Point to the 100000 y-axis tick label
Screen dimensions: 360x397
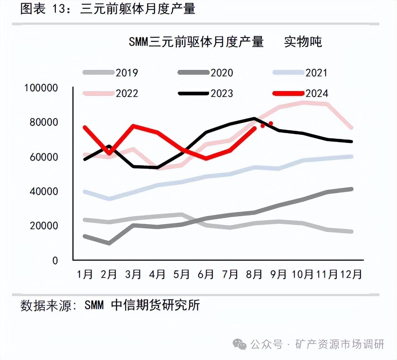[41, 88]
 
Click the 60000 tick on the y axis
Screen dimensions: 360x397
[44, 157]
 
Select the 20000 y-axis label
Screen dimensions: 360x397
[44, 226]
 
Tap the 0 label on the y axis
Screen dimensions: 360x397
[55, 260]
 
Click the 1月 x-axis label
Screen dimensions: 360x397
[85, 275]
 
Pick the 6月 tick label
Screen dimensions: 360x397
[206, 275]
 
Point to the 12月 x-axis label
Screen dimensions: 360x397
[351, 275]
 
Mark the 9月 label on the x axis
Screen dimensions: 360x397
[278, 275]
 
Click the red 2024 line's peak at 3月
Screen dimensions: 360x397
[133, 126]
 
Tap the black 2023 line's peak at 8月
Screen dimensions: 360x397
[254, 118]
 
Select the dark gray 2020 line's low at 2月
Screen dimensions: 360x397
[109, 243]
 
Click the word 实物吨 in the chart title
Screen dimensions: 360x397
[303, 42]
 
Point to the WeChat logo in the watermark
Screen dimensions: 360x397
[239, 344]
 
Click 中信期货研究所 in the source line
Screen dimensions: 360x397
[155, 305]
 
